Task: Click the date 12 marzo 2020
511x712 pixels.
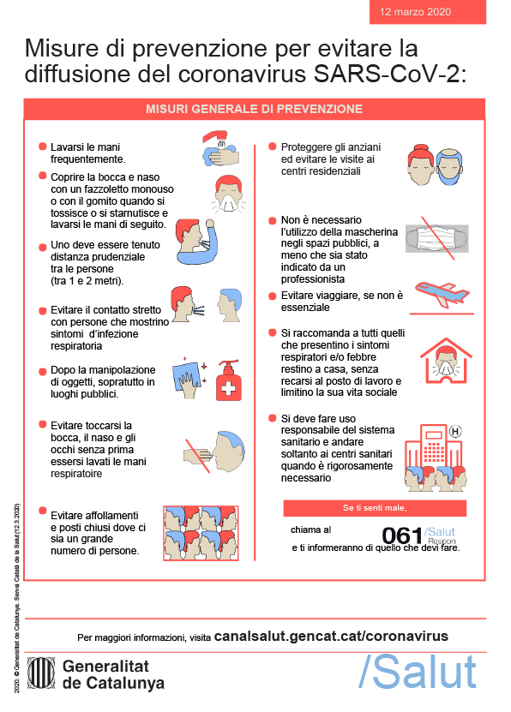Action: [x=415, y=12]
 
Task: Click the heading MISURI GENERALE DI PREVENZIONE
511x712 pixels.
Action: [x=255, y=109]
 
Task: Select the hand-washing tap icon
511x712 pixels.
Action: [x=220, y=148]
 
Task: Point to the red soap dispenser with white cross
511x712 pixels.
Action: [x=228, y=380]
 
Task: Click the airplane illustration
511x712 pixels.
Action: [x=442, y=294]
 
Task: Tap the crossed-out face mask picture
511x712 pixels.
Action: [x=436, y=238]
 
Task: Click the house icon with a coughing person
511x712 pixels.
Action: [x=446, y=361]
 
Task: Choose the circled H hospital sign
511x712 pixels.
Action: [x=455, y=431]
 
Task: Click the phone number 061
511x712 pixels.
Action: [x=402, y=535]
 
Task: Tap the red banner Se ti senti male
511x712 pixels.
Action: [x=375, y=508]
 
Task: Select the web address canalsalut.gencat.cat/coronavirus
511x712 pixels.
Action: [x=331, y=636]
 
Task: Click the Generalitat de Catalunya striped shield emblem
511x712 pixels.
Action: [x=41, y=673]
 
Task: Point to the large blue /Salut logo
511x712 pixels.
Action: [x=418, y=672]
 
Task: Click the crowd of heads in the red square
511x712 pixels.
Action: [x=201, y=533]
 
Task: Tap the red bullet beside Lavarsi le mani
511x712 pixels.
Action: [x=43, y=147]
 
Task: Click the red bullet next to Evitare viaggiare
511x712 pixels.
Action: [x=273, y=296]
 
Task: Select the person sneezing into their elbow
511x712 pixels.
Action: [x=196, y=242]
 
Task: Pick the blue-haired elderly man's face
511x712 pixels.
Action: [x=449, y=167]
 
